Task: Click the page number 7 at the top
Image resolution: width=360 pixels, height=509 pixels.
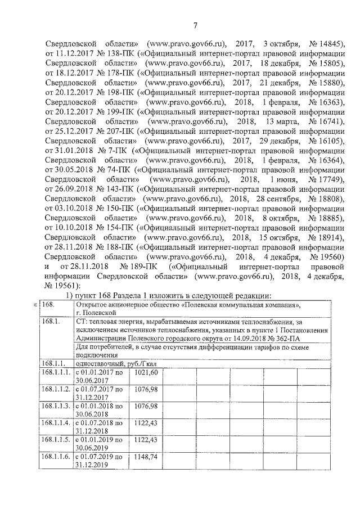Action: pyautogui.click(x=195, y=25)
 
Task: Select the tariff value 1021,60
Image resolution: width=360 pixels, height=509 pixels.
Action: pyautogui.click(x=146, y=373)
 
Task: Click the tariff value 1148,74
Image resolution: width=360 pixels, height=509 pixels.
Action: pyautogui.click(x=146, y=457)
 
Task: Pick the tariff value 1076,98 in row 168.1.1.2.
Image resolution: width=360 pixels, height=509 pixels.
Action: pyautogui.click(x=146, y=390)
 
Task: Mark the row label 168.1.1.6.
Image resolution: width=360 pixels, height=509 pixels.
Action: pyautogui.click(x=57, y=457)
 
